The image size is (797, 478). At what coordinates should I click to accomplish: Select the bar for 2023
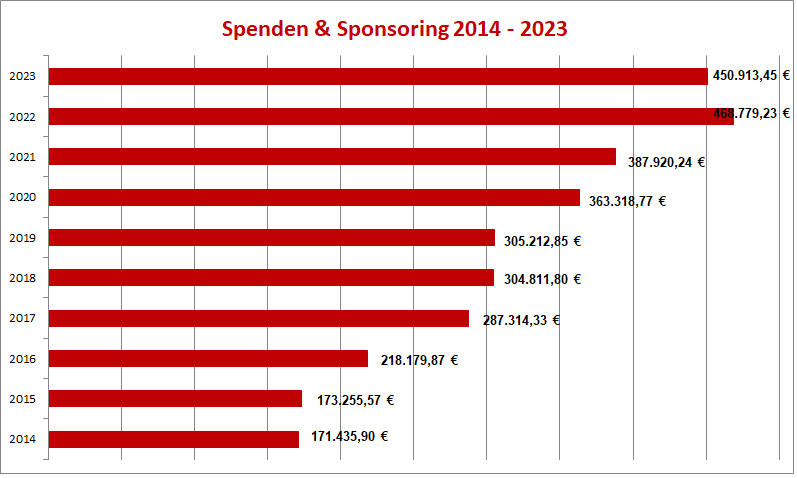378,76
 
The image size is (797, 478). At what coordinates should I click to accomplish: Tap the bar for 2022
390,116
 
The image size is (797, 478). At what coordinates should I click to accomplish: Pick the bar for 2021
332,156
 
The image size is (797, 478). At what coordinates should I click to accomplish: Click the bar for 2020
314,197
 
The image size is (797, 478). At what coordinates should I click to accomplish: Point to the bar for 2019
272,237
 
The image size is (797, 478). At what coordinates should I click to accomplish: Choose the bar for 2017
259,318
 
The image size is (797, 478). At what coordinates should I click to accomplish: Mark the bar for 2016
208,358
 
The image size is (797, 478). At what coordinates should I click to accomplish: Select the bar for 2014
174,439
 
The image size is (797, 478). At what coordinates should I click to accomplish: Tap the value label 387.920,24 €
666,160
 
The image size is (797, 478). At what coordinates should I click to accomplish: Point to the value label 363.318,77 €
627,201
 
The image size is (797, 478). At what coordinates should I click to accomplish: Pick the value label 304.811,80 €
542,279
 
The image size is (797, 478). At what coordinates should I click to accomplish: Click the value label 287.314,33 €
521,320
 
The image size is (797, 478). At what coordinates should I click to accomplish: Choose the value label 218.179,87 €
419,360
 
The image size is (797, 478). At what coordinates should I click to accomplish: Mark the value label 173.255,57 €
354,400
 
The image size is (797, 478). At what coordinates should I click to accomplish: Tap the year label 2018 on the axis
22,278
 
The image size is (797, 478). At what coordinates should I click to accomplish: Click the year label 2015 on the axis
22,399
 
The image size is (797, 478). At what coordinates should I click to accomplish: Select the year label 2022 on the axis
22,117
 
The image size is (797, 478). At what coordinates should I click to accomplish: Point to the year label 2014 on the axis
22,439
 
